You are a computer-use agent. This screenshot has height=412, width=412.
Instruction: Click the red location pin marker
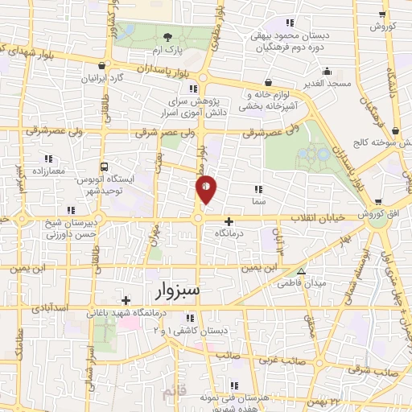tap(207, 188)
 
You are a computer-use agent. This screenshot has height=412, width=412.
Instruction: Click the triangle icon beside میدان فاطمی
tap(302, 271)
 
